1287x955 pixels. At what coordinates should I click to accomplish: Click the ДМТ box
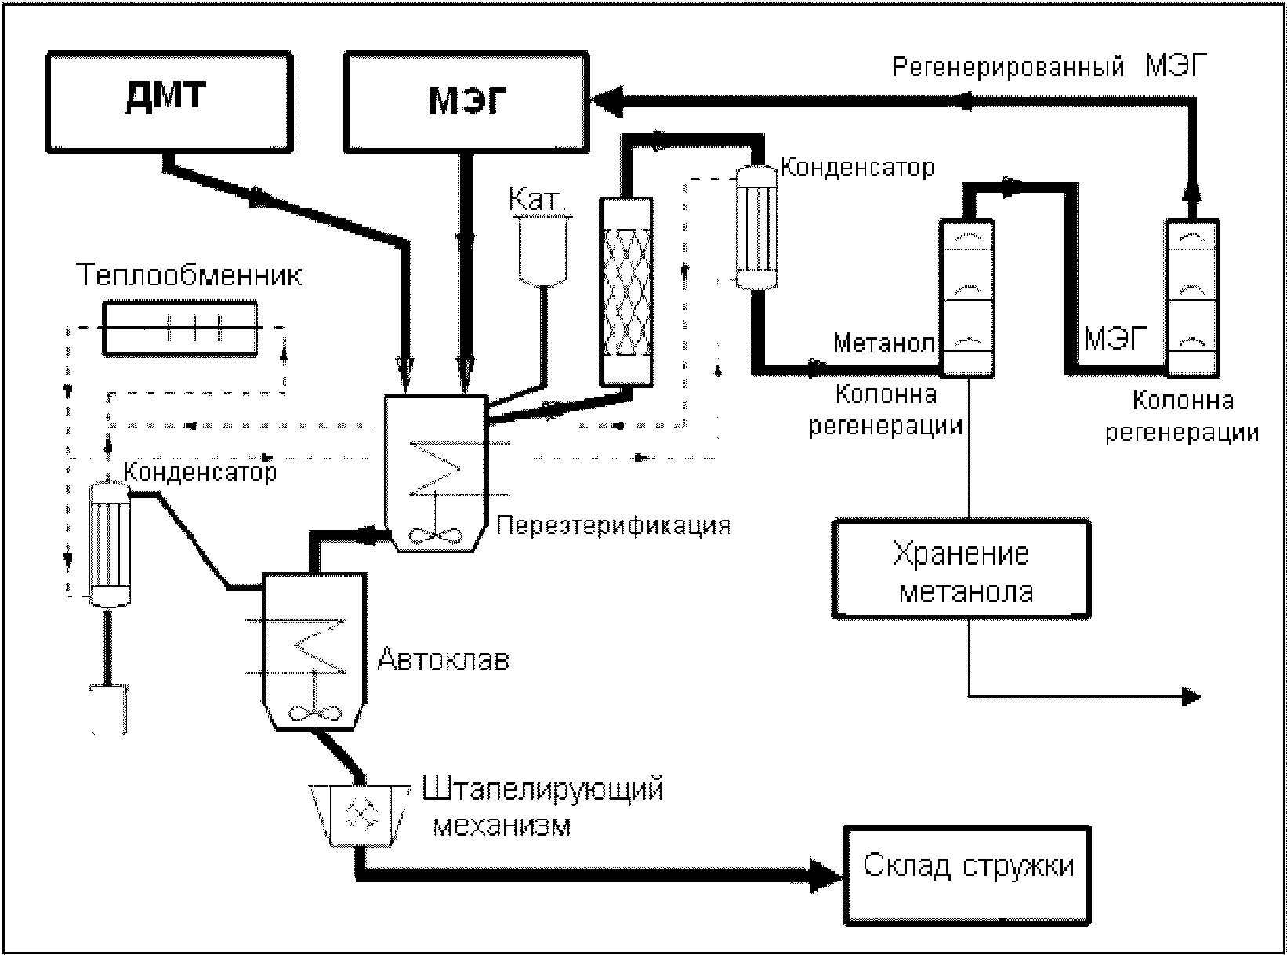pyautogui.click(x=169, y=102)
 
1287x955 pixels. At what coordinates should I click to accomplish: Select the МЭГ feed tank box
pyautogui.click(x=466, y=102)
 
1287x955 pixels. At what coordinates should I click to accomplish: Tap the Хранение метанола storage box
pyautogui.click(x=962, y=569)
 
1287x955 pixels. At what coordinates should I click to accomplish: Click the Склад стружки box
pyautogui.click(x=967, y=876)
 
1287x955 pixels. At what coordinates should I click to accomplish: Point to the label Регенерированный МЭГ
pyautogui.click(x=1050, y=66)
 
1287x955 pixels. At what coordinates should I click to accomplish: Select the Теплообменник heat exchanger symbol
pyautogui.click(x=180, y=328)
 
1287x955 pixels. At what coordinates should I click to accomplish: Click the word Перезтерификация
pyautogui.click(x=614, y=525)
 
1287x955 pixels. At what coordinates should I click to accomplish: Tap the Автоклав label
pyautogui.click(x=444, y=659)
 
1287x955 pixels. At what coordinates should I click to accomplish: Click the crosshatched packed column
pyautogui.click(x=626, y=292)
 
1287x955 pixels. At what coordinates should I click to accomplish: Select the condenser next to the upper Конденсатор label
pyautogui.click(x=756, y=227)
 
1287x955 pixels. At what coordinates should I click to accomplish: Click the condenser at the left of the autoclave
pyautogui.click(x=109, y=545)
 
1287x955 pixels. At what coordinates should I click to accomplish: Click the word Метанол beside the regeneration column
pyautogui.click(x=883, y=343)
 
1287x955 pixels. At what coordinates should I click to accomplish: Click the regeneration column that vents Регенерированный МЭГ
pyautogui.click(x=1193, y=298)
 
